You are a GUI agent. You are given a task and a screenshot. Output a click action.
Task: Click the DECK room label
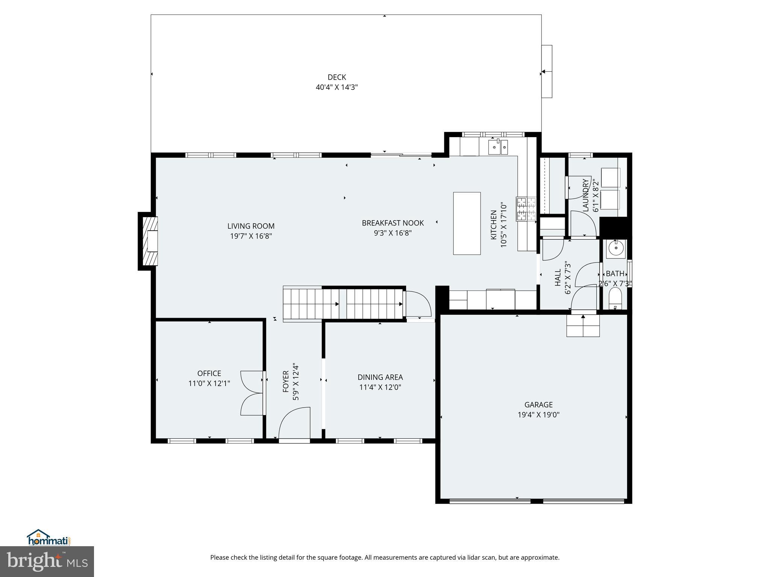[336, 77]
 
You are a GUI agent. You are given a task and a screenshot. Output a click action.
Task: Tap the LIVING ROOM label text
[251, 226]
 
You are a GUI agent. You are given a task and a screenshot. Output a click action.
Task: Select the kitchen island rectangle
[467, 223]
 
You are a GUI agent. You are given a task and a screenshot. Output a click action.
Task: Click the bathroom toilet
[615, 299]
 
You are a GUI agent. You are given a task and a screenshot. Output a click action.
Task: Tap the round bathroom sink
[616, 248]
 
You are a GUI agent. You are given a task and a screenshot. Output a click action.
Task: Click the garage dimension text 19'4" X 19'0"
[538, 415]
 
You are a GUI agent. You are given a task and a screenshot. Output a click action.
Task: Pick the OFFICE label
[209, 373]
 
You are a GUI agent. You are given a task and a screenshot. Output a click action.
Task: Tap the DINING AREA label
[380, 377]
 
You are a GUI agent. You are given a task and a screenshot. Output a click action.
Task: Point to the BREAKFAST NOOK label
[393, 223]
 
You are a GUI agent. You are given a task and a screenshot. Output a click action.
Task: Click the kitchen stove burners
[526, 209]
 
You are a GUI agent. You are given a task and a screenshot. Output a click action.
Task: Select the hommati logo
[49, 538]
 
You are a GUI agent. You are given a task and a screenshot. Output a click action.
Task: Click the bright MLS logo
[47, 561]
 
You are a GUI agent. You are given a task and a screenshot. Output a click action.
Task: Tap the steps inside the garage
[583, 325]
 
